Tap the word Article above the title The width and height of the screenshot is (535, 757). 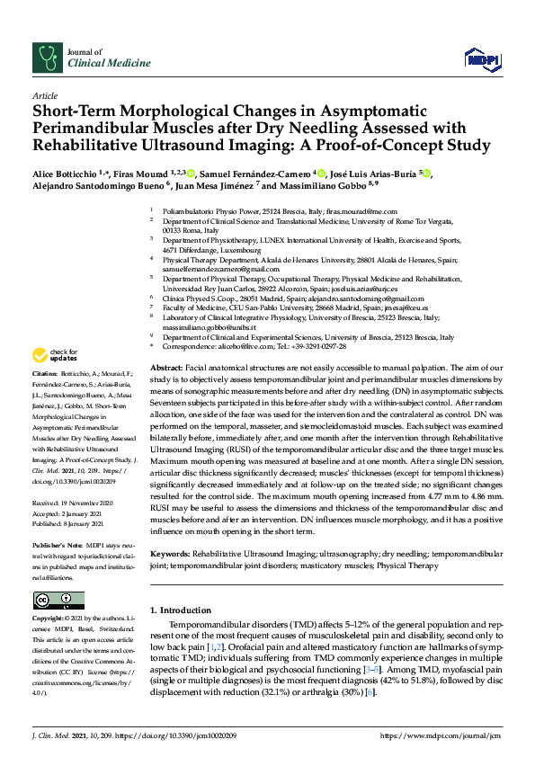(45, 94)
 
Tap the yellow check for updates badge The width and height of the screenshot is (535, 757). (54, 355)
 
